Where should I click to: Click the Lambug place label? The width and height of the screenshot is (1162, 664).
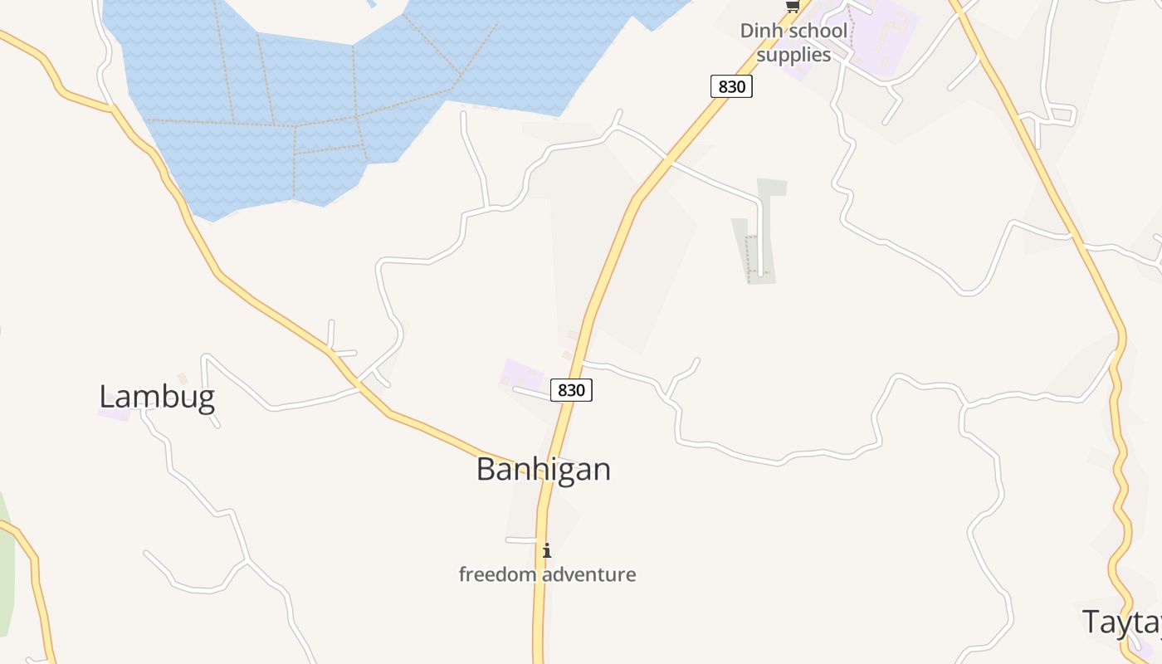(157, 397)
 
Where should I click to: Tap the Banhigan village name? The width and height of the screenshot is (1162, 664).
(544, 470)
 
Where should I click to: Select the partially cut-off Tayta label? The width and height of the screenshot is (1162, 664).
(1120, 622)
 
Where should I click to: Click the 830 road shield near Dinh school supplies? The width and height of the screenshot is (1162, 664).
(731, 86)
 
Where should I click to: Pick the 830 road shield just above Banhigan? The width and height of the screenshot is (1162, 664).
(571, 390)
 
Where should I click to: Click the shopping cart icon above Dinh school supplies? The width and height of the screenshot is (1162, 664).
(793, 7)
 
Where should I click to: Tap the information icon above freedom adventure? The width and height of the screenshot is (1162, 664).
(546, 550)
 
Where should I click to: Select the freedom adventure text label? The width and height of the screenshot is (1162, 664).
(547, 574)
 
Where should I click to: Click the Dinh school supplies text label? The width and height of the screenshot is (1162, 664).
(794, 43)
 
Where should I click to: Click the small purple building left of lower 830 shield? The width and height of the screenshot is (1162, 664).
(522, 373)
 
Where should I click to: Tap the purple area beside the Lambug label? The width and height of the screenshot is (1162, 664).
(114, 413)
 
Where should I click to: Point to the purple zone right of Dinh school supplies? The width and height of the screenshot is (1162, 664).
(880, 33)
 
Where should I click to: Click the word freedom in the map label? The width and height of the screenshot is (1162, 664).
(498, 574)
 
